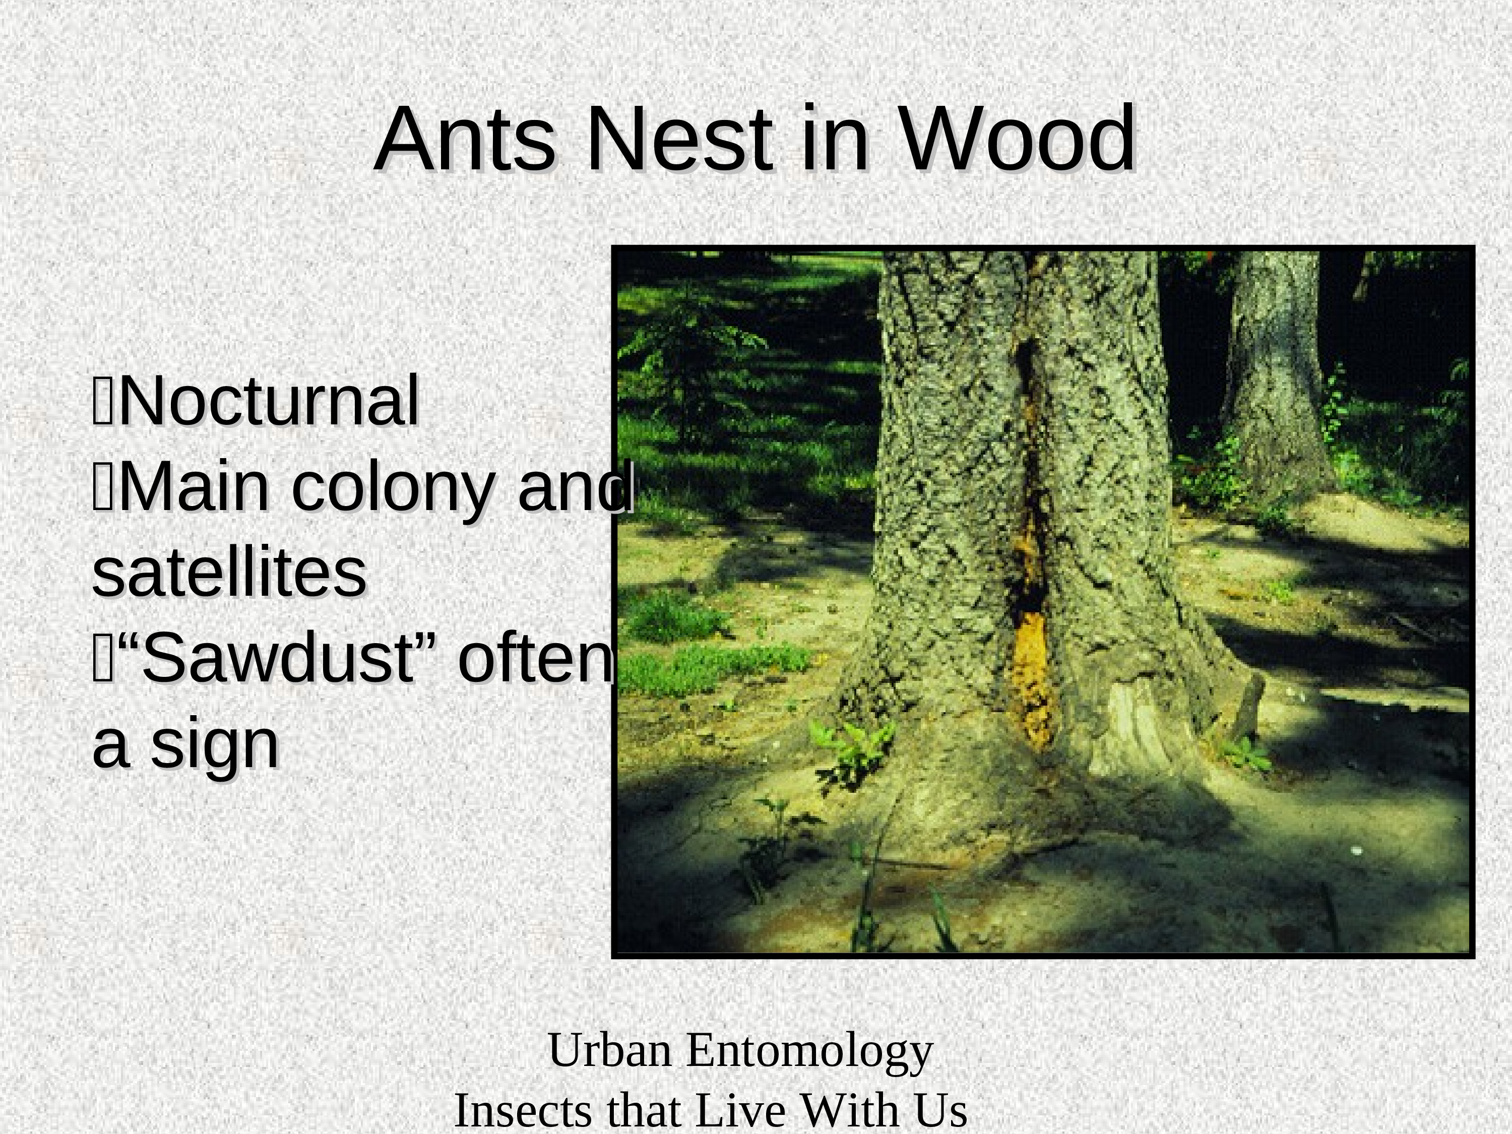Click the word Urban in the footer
[x=610, y=1050]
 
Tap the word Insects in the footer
[x=523, y=1111]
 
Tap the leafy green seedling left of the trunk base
[x=851, y=748]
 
